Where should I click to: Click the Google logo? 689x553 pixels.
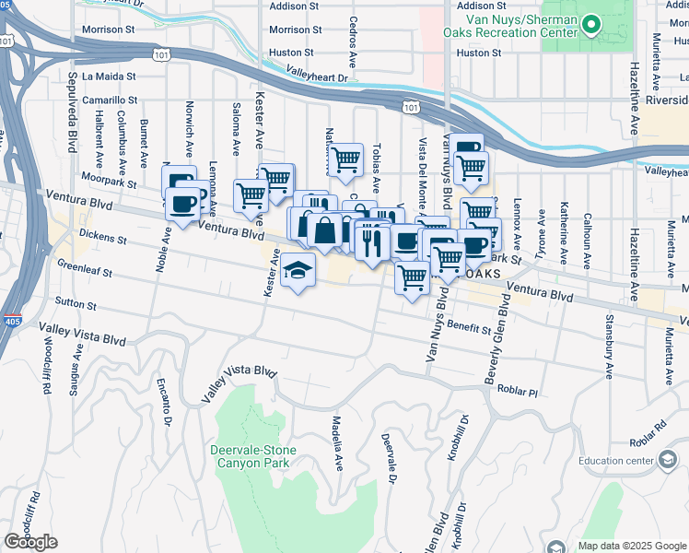click(30, 542)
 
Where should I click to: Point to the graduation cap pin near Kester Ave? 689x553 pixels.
click(298, 270)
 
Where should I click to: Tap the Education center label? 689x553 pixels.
click(615, 461)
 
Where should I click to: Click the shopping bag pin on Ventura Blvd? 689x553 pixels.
click(325, 230)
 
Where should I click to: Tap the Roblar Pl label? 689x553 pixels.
click(517, 390)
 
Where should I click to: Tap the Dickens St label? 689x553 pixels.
click(101, 238)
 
